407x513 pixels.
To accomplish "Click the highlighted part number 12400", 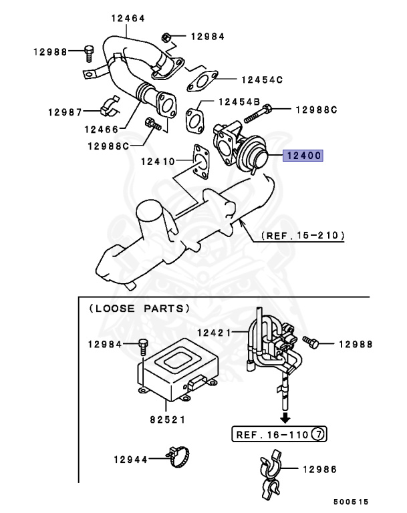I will point(303,156).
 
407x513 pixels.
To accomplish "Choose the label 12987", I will point(64,111).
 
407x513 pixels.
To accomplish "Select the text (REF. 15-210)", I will point(303,235).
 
